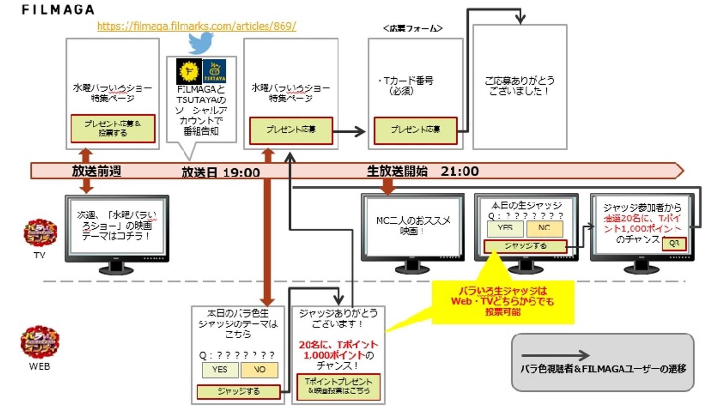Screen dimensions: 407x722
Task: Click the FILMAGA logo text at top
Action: click(58, 10)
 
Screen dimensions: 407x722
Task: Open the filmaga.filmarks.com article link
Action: click(197, 26)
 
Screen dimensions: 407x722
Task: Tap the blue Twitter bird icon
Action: click(201, 43)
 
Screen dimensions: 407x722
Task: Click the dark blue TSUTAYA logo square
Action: click(215, 71)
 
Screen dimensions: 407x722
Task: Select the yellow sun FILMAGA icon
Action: click(189, 71)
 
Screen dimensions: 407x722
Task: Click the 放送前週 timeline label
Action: click(96, 171)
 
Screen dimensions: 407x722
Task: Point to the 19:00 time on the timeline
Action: click(241, 173)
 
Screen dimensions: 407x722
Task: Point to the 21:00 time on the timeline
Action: click(459, 172)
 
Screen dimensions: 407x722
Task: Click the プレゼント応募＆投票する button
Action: click(113, 128)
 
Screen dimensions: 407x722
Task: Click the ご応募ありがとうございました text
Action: click(519, 86)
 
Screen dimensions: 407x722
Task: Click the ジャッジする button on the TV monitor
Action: click(525, 246)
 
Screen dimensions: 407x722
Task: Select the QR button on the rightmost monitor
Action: click(674, 243)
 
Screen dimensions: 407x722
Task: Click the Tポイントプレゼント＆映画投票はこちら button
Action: click(338, 386)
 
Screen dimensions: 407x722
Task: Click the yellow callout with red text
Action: click(503, 301)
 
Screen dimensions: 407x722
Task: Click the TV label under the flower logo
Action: click(39, 255)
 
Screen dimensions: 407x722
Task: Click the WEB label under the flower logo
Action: click(40, 366)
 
